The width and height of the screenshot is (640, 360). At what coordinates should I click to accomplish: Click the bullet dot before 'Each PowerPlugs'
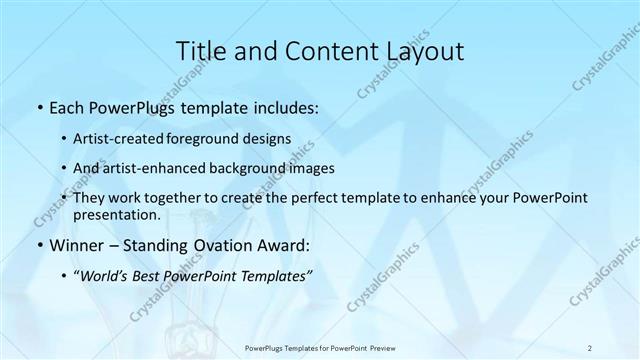(x=38, y=105)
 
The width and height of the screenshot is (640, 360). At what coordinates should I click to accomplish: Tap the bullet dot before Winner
(x=38, y=245)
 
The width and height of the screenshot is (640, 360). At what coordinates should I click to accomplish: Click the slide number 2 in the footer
(x=590, y=347)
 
